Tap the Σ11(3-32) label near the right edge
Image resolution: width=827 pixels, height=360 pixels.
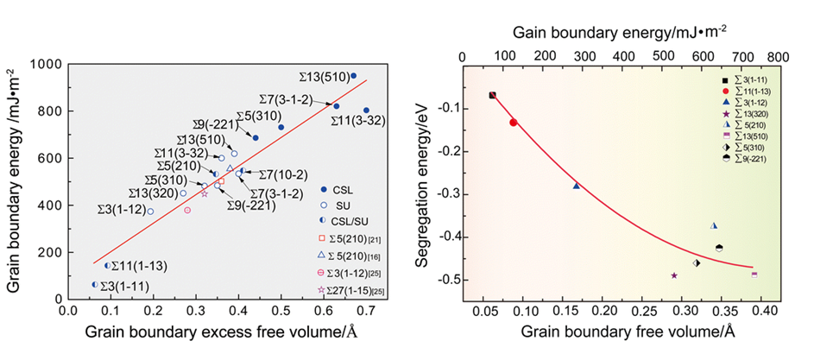point(358,122)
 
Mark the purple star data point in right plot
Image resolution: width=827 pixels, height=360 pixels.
point(674,275)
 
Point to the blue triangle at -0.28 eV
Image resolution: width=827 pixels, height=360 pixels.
point(577,186)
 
